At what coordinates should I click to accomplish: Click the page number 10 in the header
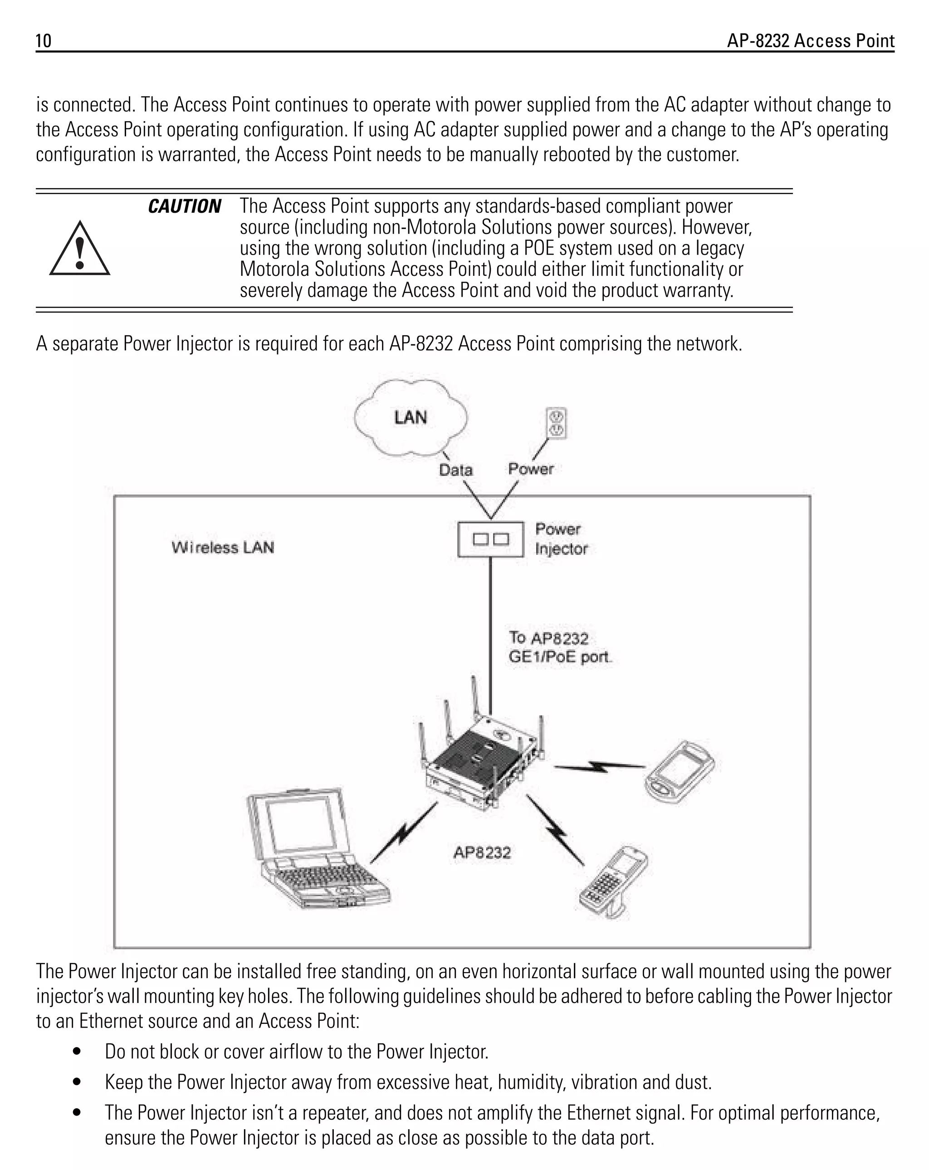[x=44, y=41]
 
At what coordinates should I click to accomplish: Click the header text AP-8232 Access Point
[x=810, y=41]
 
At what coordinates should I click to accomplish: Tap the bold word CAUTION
[x=184, y=207]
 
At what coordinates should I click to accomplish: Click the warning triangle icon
[x=80, y=250]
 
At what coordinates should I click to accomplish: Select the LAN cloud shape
[x=410, y=417]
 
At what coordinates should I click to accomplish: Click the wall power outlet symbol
[x=556, y=424]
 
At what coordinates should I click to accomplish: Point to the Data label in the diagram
[x=455, y=470]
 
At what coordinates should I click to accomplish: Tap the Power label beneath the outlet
[x=530, y=469]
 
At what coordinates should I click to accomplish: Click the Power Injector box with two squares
[x=490, y=539]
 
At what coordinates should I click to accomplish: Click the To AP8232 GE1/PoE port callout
[x=558, y=647]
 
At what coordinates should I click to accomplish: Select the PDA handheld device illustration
[x=680, y=771]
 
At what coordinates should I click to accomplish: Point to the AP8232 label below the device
[x=482, y=852]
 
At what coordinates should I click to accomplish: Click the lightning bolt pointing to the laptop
[x=404, y=832]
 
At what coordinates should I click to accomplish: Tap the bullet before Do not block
[x=77, y=1052]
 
